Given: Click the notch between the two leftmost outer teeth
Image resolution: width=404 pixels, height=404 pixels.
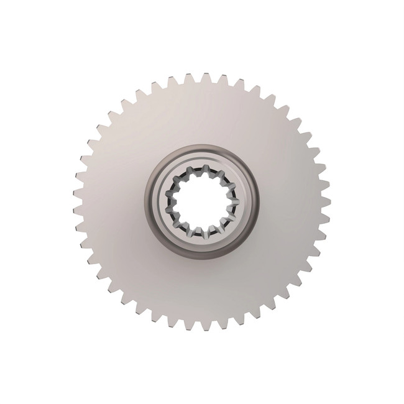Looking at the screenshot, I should pyautogui.click(x=79, y=201).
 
